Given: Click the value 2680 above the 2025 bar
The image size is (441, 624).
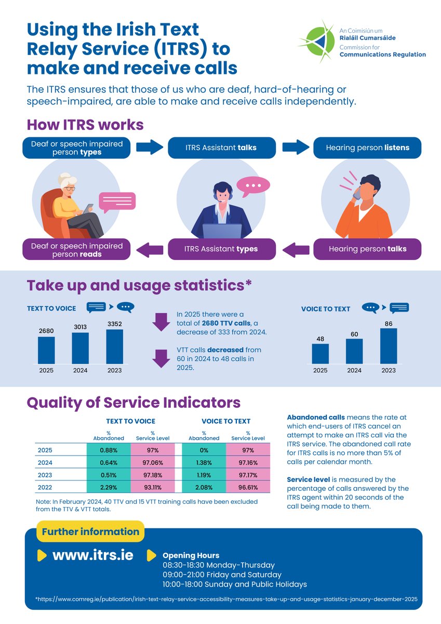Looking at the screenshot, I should (46, 331).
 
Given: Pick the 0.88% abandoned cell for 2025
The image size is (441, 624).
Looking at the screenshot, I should (109, 450).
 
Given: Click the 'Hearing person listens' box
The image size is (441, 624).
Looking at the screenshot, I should (367, 148).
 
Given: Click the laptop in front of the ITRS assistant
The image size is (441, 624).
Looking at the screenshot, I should (222, 231).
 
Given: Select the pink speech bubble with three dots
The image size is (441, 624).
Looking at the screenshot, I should (253, 186).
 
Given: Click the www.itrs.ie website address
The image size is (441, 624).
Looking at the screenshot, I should (92, 555).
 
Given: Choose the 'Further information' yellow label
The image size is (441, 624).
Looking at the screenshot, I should (90, 531).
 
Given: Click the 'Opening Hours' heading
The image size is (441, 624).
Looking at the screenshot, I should (191, 555).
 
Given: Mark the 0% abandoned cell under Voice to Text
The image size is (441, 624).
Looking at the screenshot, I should (204, 450).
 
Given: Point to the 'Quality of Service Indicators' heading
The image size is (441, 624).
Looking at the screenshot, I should (133, 403).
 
